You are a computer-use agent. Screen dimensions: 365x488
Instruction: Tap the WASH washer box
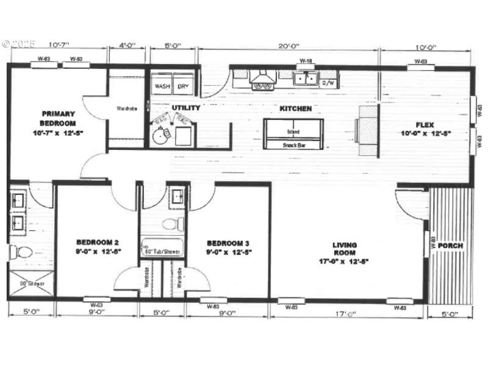coord(162,86)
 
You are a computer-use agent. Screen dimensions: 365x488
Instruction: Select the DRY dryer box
coord(183,86)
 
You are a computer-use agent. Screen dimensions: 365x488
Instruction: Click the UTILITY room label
coord(185,108)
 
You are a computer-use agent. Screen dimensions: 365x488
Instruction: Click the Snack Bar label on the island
coord(293,145)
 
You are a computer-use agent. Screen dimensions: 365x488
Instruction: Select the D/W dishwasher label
coord(328,82)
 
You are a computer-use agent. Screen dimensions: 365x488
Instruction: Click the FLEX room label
coord(426,127)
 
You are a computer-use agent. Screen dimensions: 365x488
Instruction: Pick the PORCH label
coord(450,246)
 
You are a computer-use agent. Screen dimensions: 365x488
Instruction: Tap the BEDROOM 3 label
coord(229,247)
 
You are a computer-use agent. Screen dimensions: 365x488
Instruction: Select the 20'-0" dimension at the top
coord(287,46)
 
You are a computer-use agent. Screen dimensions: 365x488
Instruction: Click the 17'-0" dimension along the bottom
coord(346,314)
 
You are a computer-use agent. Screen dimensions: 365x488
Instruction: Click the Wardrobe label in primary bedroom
coord(126,109)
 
